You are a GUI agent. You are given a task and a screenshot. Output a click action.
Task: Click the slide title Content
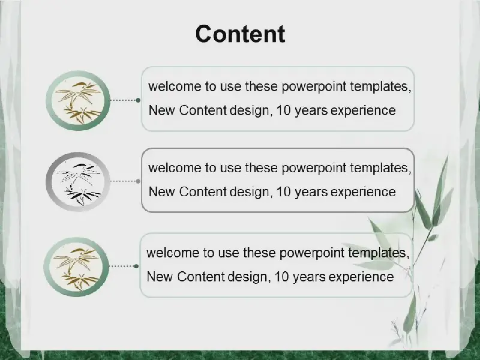[241, 34]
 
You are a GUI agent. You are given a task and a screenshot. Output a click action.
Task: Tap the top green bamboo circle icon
[78, 100]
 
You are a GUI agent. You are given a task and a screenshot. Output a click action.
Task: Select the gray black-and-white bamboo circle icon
[78, 182]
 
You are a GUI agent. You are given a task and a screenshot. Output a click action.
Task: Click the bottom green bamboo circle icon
[76, 267]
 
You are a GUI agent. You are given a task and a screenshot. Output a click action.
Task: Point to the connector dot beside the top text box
[139, 100]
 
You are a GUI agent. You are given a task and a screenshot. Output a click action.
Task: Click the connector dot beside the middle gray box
[139, 181]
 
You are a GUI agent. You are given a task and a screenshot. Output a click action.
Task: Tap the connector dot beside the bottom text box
[136, 266]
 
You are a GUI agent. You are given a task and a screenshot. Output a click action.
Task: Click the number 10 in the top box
[283, 110]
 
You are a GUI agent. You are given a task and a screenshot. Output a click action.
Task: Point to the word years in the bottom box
[309, 278]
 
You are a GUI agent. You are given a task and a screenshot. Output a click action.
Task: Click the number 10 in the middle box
[283, 192]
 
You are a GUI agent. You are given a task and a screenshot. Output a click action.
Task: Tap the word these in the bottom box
[260, 253]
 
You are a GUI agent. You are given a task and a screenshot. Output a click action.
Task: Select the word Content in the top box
[203, 110]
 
